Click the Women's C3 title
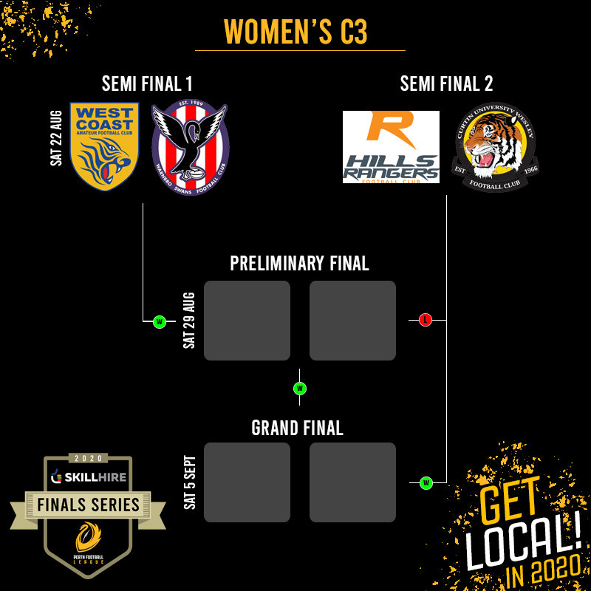295,31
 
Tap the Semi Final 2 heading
446,83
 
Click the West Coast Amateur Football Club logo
104,146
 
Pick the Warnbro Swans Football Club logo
191,148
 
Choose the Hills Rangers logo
391,147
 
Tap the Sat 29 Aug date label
189,321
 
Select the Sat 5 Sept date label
189,482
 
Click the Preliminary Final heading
299,264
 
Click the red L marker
425,320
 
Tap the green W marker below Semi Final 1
159,321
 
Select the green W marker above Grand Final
300,388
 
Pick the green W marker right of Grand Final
426,483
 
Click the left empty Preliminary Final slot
247,321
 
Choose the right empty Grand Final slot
352,482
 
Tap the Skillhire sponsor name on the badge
93,477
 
